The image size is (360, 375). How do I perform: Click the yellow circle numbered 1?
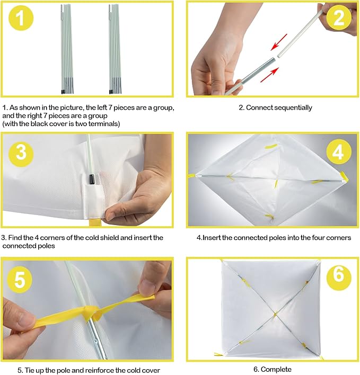click(21, 18)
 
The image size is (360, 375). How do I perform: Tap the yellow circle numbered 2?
click(338, 17)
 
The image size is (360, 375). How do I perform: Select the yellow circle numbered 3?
click(21, 153)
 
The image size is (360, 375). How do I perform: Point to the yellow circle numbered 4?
click(338, 151)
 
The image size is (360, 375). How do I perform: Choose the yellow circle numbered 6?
click(338, 274)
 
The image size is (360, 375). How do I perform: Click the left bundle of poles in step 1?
click(67, 49)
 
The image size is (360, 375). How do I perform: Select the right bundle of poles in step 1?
click(115, 49)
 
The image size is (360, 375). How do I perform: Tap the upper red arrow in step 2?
click(279, 42)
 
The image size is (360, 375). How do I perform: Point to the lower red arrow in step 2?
click(270, 75)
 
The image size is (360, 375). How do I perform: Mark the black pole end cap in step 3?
click(91, 180)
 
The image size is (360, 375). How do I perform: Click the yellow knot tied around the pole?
click(90, 312)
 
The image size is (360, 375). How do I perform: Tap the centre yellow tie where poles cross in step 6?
click(276, 314)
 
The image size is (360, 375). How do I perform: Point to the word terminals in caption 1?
click(104, 123)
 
